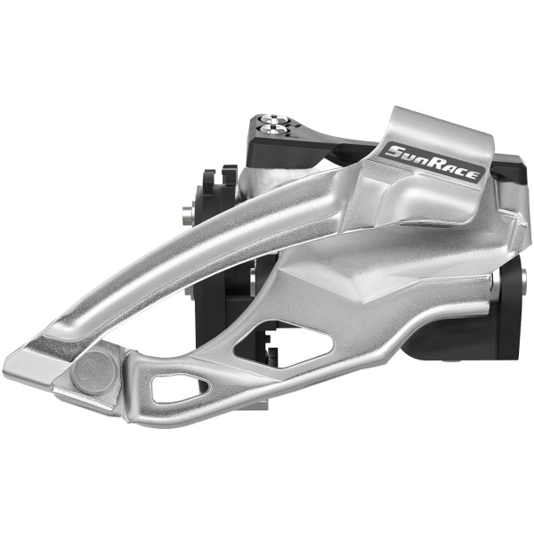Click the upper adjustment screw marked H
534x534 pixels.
pyautogui.click(x=274, y=119)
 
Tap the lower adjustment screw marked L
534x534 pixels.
pyautogui.click(x=274, y=129)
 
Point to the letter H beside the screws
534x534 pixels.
pyautogui.click(x=295, y=126)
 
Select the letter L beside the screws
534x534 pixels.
pyautogui.click(x=293, y=135)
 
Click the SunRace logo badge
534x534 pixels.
pyautogui.click(x=433, y=163)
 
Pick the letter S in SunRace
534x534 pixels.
pyautogui.click(x=397, y=152)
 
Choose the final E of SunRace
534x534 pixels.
pyautogui.click(x=471, y=174)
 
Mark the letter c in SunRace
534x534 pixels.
pyautogui.click(x=460, y=171)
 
